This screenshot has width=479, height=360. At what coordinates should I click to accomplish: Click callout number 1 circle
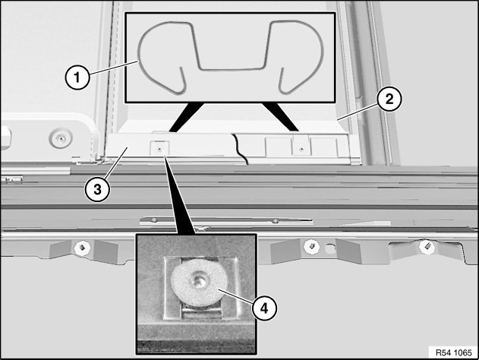pos(77,77)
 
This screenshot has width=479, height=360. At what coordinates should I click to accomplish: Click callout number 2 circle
pos(389,99)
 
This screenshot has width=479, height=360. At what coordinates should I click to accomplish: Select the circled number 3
pos(97,189)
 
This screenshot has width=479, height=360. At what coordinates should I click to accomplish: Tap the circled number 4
pos(264,308)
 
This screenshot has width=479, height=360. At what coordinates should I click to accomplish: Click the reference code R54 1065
pos(454,352)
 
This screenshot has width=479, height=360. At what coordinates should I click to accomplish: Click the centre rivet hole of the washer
pos(198,280)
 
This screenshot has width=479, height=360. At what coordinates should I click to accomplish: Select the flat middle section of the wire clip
pos(231,69)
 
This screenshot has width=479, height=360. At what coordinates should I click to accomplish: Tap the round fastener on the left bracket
pos(61,138)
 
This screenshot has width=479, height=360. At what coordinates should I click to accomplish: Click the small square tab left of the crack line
pos(159,148)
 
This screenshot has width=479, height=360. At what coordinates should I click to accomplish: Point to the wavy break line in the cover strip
pos(240,149)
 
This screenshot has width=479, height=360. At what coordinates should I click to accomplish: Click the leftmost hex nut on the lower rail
pos(82,247)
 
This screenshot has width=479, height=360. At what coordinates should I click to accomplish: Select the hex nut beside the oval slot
pos(311,246)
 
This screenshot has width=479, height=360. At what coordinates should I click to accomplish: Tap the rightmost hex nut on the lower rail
pos(427,246)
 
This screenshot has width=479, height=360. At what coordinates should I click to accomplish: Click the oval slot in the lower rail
pos(329,248)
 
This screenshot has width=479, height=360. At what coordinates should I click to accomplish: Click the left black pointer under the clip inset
pos(186,118)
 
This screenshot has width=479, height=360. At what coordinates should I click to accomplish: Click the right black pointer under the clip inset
pos(280,118)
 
